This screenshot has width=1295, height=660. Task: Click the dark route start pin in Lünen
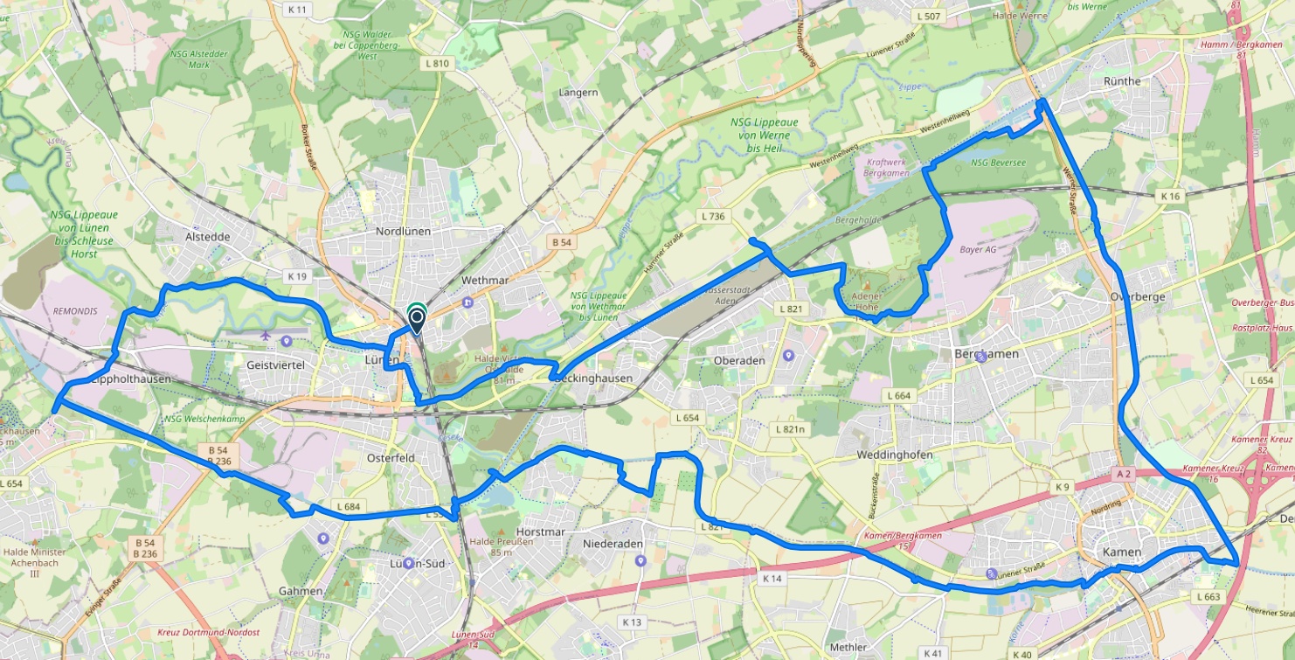coord(417,320)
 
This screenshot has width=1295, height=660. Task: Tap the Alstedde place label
coord(206,236)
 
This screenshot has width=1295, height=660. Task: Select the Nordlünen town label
coord(403,232)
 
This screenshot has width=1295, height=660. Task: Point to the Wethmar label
coord(484,280)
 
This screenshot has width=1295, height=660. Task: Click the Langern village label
coord(578,92)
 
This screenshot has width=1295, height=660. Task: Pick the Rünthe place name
coord(1122,81)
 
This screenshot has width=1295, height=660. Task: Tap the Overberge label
coord(1137,296)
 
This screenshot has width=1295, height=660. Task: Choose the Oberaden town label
coord(739,360)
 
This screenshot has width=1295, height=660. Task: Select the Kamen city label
coord(1122,552)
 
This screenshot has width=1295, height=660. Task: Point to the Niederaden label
coord(613,544)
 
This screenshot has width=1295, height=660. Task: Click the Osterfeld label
coord(391,457)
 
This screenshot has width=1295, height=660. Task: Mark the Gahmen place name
coord(301,591)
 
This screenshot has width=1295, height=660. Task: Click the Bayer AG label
coord(978,249)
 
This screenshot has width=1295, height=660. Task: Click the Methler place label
coord(848,647)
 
